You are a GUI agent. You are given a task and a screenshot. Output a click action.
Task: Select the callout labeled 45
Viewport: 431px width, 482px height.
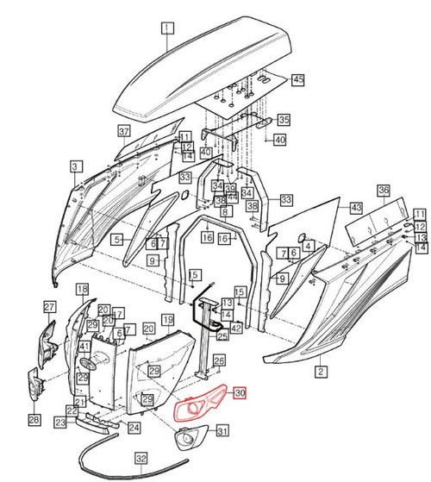click(298, 79)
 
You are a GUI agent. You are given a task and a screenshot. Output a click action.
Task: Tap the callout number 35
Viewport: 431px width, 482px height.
click(284, 119)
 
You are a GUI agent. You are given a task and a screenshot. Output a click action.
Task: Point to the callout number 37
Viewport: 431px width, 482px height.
click(124, 130)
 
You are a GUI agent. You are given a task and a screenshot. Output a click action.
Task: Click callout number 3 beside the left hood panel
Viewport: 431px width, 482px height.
click(76, 166)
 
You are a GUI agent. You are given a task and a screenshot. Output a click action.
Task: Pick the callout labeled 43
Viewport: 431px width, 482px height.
click(355, 209)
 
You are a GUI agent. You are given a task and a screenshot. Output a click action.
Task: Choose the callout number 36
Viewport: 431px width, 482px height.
click(384, 190)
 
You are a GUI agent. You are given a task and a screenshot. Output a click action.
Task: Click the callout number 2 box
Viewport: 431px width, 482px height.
click(322, 372)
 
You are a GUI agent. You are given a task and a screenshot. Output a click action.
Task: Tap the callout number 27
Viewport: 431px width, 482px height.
click(50, 307)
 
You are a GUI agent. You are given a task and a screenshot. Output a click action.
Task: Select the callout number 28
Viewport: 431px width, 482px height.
click(34, 420)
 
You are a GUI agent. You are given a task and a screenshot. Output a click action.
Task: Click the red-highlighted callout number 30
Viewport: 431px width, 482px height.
click(240, 391)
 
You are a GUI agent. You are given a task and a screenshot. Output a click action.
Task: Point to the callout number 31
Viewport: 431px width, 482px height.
click(222, 430)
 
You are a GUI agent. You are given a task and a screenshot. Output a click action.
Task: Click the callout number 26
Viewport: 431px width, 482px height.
click(219, 361)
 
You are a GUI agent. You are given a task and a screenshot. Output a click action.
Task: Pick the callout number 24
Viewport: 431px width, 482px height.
click(134, 427)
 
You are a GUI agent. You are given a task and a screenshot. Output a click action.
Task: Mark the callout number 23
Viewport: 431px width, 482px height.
click(59, 423)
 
